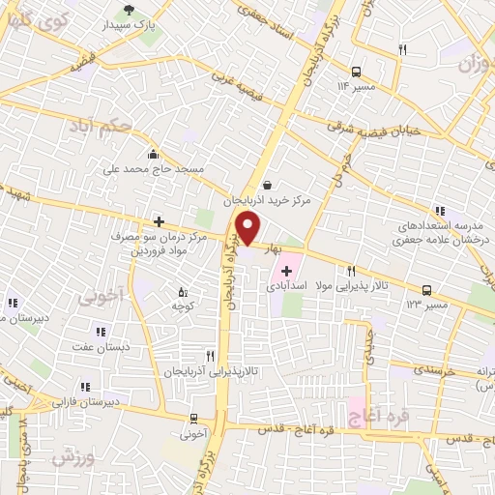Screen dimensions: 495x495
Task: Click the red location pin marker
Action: (x=247, y=230)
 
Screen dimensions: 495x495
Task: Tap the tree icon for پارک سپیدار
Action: (x=128, y=13)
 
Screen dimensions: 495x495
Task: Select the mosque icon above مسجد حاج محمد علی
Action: (x=153, y=154)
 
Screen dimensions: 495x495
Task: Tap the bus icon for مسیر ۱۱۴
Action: (x=357, y=72)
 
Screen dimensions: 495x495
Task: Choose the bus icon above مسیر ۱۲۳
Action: (x=426, y=289)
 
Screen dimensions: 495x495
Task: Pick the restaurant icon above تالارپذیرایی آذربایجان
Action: (x=210, y=356)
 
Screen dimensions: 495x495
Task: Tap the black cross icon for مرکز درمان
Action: (x=159, y=221)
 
